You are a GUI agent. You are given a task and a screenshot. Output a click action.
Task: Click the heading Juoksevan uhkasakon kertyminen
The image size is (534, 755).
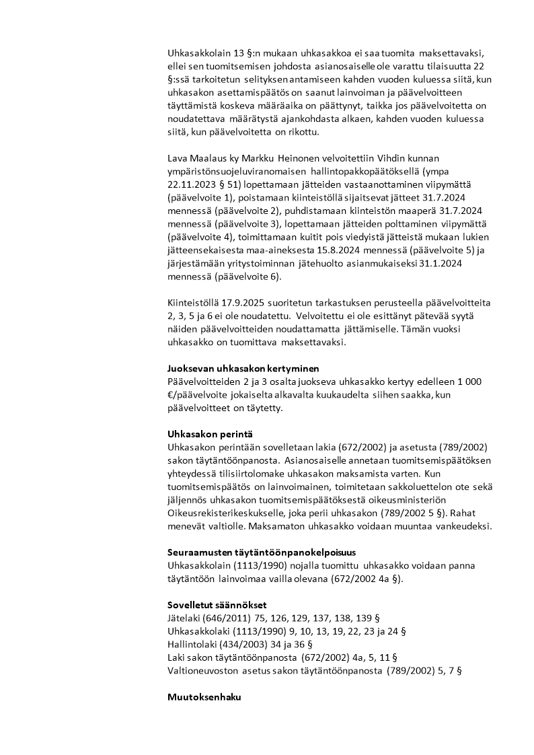click(243, 368)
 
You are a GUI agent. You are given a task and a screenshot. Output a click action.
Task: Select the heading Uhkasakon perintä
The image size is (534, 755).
click(206, 433)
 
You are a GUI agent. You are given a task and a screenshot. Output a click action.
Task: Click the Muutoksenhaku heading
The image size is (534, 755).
click(204, 697)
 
